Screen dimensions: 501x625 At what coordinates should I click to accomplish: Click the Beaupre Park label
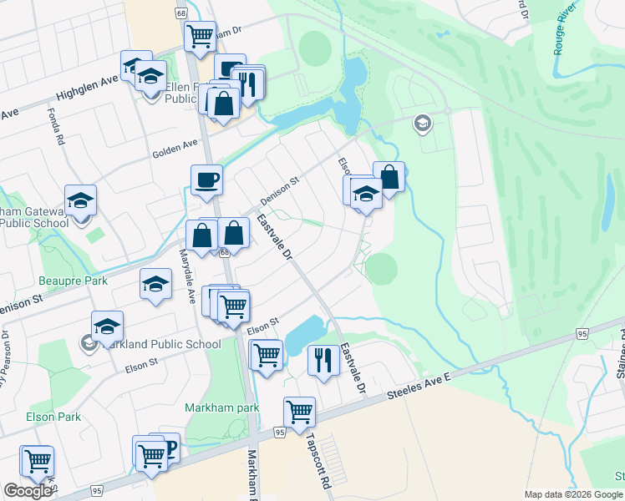[74, 281]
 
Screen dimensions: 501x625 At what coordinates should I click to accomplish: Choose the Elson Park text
[53, 417]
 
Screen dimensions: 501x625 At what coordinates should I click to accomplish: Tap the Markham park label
[221, 407]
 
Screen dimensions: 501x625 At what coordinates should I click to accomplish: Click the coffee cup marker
[206, 179]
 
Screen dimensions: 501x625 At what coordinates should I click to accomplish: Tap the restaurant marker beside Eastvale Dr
[323, 360]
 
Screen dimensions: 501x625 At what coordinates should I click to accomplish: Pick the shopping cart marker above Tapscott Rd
[299, 411]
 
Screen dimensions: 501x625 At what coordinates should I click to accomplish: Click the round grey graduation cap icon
[423, 124]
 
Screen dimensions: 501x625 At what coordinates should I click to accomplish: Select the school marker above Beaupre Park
[155, 285]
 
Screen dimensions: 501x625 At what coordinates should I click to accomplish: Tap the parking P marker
[169, 447]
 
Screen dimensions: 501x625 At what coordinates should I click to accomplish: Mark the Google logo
[28, 491]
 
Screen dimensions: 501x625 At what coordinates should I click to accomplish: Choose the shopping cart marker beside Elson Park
[38, 460]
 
